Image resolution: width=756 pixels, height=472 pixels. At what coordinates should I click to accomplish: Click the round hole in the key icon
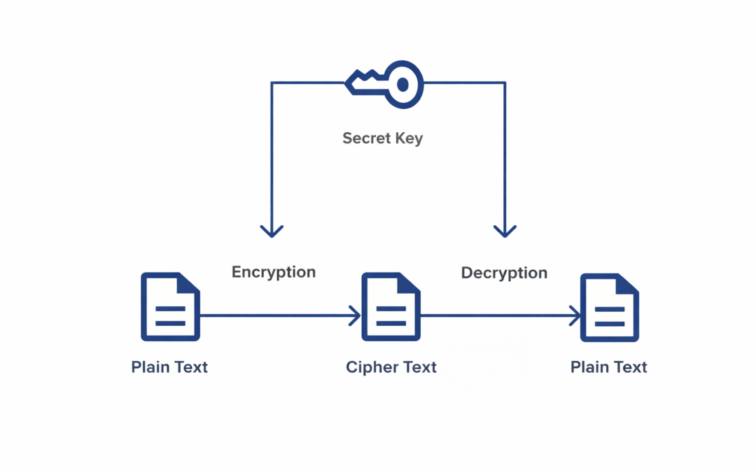[402, 85]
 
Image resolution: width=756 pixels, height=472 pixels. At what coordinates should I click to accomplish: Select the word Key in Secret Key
[409, 138]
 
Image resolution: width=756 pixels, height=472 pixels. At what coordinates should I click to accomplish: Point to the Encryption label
[274, 272]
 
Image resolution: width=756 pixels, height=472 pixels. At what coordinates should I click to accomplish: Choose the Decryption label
[504, 273]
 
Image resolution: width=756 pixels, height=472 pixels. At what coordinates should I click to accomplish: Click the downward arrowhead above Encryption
[272, 231]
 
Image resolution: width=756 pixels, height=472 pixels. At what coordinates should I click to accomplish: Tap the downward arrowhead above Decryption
[505, 231]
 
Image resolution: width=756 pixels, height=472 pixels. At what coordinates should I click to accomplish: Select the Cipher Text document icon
[391, 307]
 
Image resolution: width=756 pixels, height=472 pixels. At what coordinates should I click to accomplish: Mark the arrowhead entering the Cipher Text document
[356, 316]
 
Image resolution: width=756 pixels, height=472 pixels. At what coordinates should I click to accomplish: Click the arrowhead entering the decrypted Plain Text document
[575, 316]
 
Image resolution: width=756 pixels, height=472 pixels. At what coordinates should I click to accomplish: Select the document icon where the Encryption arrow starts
[170, 307]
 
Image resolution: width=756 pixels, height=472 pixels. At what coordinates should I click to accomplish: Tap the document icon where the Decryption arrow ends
[610, 307]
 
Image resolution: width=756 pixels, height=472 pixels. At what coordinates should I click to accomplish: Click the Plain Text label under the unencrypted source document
[169, 367]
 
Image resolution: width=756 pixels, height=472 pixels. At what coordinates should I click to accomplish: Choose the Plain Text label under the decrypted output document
[609, 367]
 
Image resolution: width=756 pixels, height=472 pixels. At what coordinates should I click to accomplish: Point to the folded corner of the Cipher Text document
[409, 283]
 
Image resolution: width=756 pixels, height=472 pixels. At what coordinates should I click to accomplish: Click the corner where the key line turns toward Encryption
[272, 83]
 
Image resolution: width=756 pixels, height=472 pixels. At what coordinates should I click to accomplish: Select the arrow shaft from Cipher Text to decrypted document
[497, 316]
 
